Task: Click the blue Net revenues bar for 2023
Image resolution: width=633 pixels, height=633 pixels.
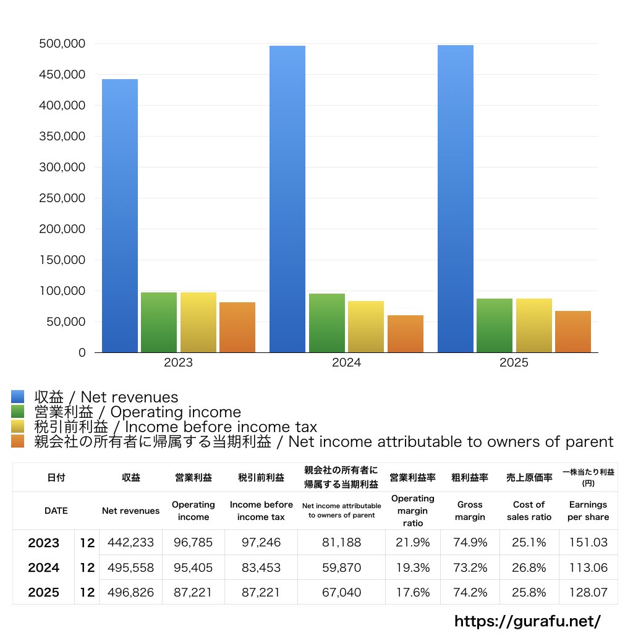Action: [x=120, y=216]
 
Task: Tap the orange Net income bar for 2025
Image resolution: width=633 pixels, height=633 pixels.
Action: [x=572, y=331]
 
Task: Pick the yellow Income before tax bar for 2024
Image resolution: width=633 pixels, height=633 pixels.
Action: [x=366, y=326]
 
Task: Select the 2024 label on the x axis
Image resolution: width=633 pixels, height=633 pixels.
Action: [x=346, y=363]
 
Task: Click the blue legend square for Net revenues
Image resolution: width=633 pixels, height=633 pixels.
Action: [x=18, y=397]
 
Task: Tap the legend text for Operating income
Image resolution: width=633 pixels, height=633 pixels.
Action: [x=137, y=412]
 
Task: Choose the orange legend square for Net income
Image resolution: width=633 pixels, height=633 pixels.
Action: [x=18, y=441]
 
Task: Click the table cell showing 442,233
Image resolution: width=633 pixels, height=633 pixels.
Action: [x=130, y=543]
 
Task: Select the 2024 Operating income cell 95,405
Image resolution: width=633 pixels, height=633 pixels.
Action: [x=193, y=567]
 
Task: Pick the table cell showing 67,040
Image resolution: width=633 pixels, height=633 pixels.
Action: [x=341, y=592]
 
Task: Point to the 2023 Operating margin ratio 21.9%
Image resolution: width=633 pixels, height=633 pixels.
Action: [x=412, y=543]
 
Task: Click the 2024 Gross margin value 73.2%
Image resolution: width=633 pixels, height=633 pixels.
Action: [x=470, y=567]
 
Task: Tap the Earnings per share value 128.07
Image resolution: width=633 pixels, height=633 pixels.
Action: [x=588, y=592]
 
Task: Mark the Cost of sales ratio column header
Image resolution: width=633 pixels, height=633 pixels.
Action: [x=529, y=511]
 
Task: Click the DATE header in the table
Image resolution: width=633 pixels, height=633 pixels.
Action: [x=56, y=511]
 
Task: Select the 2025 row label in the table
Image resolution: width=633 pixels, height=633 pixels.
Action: [x=43, y=592]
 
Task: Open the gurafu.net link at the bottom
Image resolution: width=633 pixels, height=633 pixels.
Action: [x=527, y=621]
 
